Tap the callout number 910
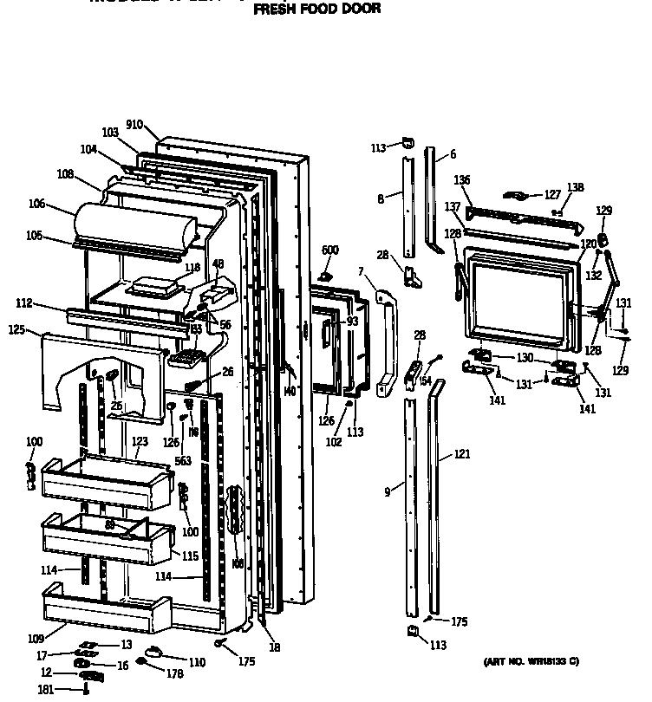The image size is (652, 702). pos(134,125)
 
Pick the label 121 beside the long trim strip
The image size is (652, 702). pos(461,454)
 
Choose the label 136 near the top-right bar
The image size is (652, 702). pos(463,180)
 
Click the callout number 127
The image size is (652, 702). pos(552,195)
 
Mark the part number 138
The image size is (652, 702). pos(576,187)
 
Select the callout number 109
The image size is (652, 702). pos(35,639)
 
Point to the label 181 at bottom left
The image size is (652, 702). pos(44,690)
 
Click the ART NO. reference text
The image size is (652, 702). pos(530,662)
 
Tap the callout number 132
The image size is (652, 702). pos(593,275)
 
